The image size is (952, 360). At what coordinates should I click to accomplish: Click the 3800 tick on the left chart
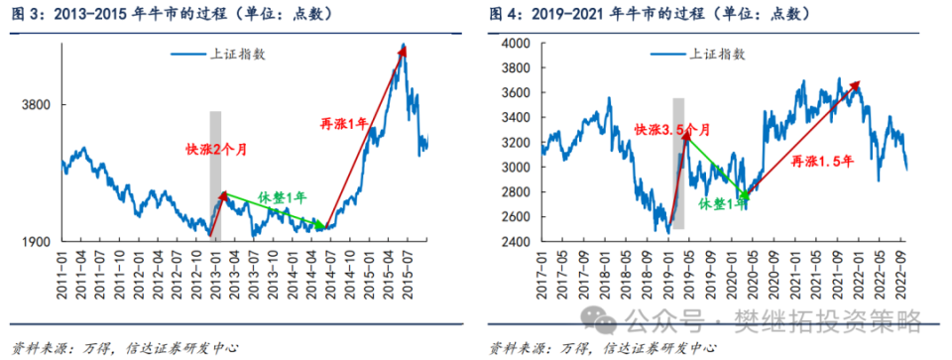(40, 105)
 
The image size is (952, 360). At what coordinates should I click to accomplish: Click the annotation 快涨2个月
(214, 150)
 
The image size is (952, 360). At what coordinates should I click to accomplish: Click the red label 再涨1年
(343, 124)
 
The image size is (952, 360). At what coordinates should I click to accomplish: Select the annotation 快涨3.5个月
(671, 130)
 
